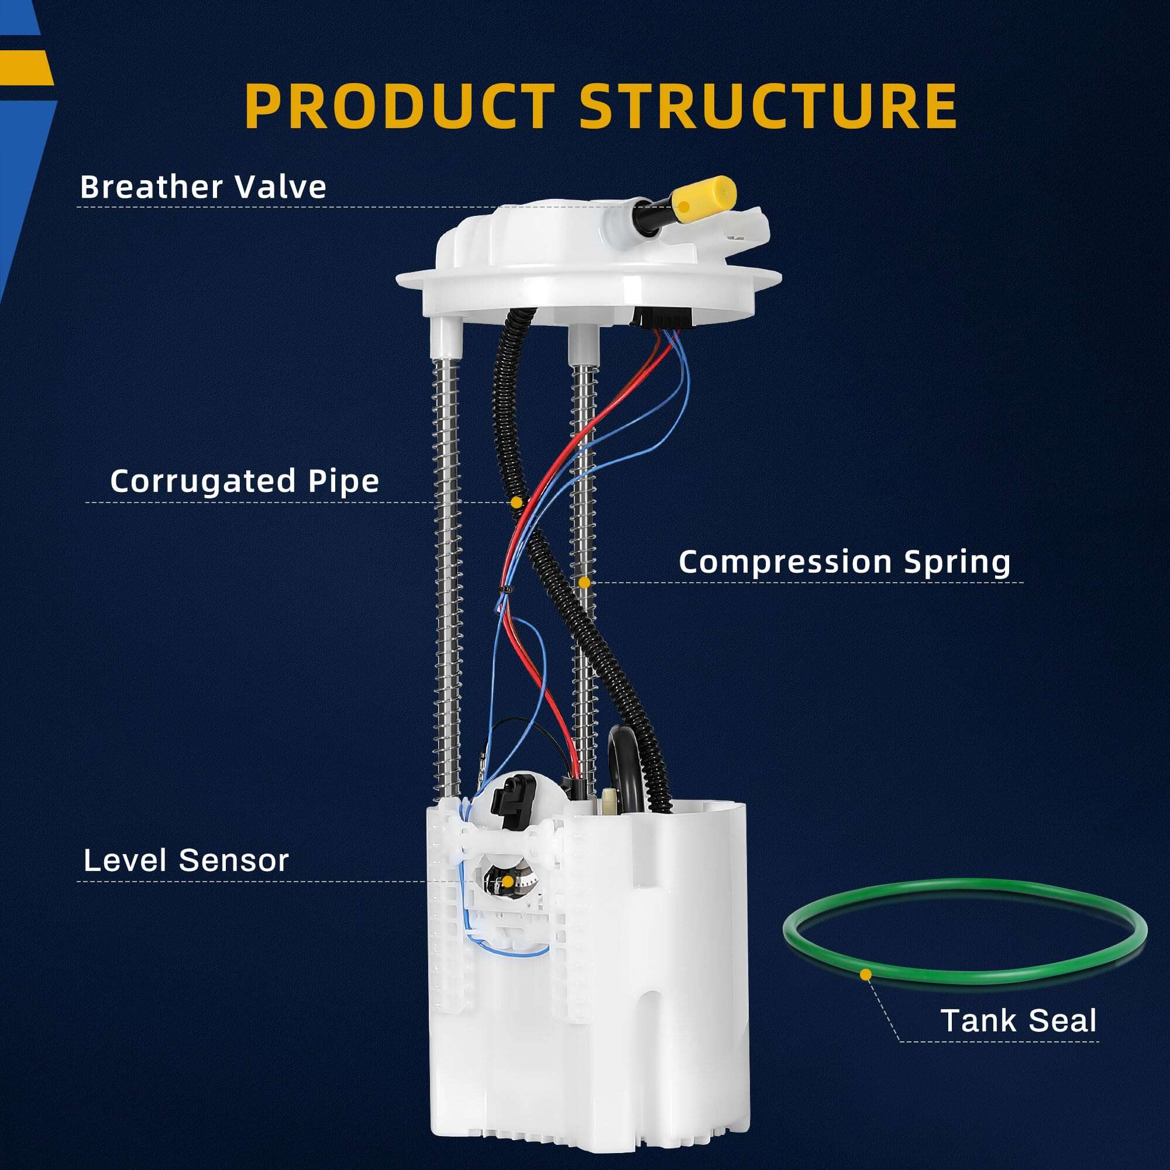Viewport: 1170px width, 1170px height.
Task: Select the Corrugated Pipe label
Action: (x=245, y=481)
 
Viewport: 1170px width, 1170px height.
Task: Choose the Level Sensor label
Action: (x=187, y=860)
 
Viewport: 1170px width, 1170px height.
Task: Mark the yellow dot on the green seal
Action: (x=866, y=975)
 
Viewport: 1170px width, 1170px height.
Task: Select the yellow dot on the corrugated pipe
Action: (x=516, y=502)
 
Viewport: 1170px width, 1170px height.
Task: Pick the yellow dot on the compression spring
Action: (x=584, y=582)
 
